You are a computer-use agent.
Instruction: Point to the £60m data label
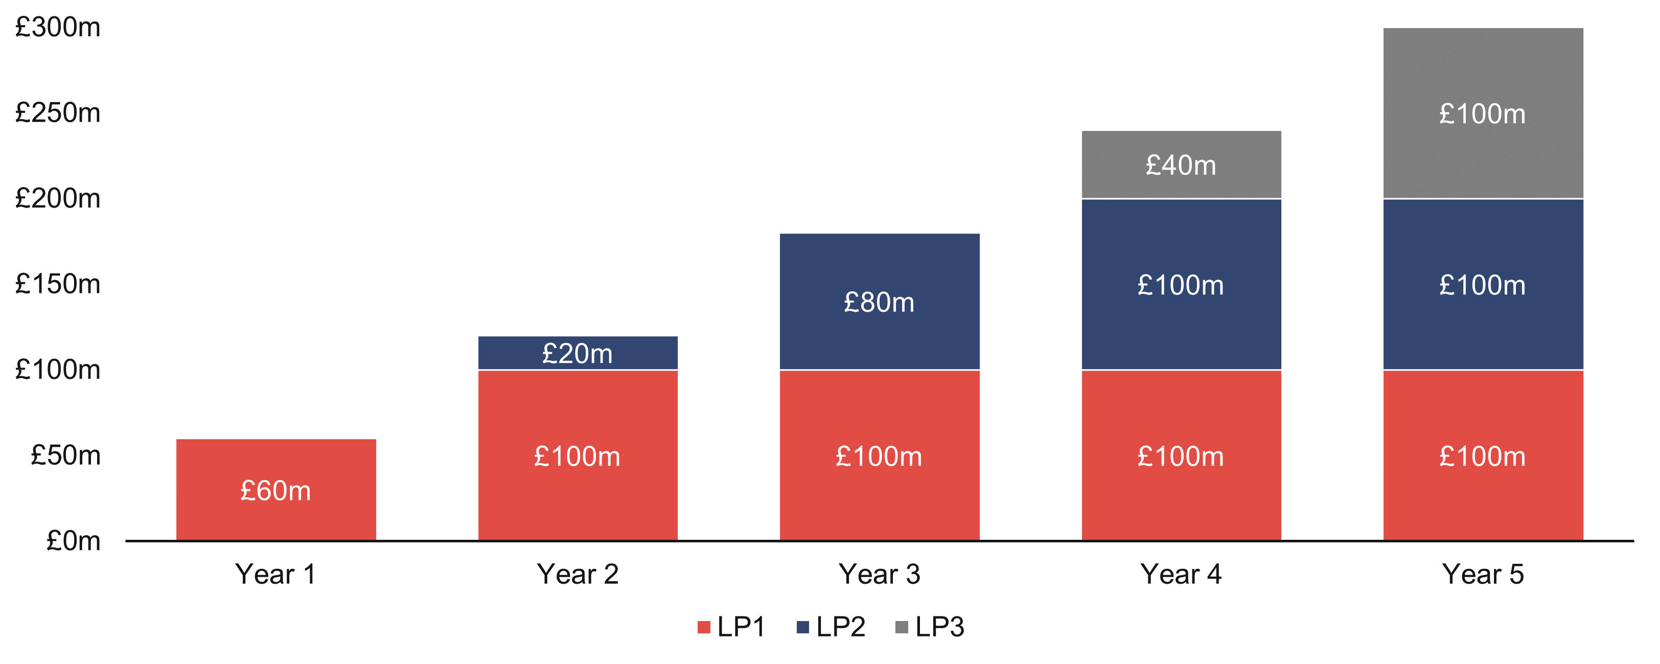click(x=276, y=491)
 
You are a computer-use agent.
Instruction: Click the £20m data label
click(x=578, y=354)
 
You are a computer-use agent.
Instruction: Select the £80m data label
click(x=879, y=302)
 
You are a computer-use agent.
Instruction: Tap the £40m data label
click(x=1181, y=166)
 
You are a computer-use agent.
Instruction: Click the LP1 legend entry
click(x=732, y=627)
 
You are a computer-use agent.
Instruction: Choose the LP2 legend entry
click(x=832, y=627)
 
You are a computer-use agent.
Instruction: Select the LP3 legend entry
click(x=931, y=627)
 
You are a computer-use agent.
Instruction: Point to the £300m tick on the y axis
click(x=58, y=28)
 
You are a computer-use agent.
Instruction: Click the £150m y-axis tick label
click(x=58, y=284)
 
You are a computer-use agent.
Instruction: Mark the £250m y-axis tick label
click(x=58, y=113)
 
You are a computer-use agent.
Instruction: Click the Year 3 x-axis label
click(x=879, y=574)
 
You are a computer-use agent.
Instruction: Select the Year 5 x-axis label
click(x=1483, y=574)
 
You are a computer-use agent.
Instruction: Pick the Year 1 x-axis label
click(x=276, y=574)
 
